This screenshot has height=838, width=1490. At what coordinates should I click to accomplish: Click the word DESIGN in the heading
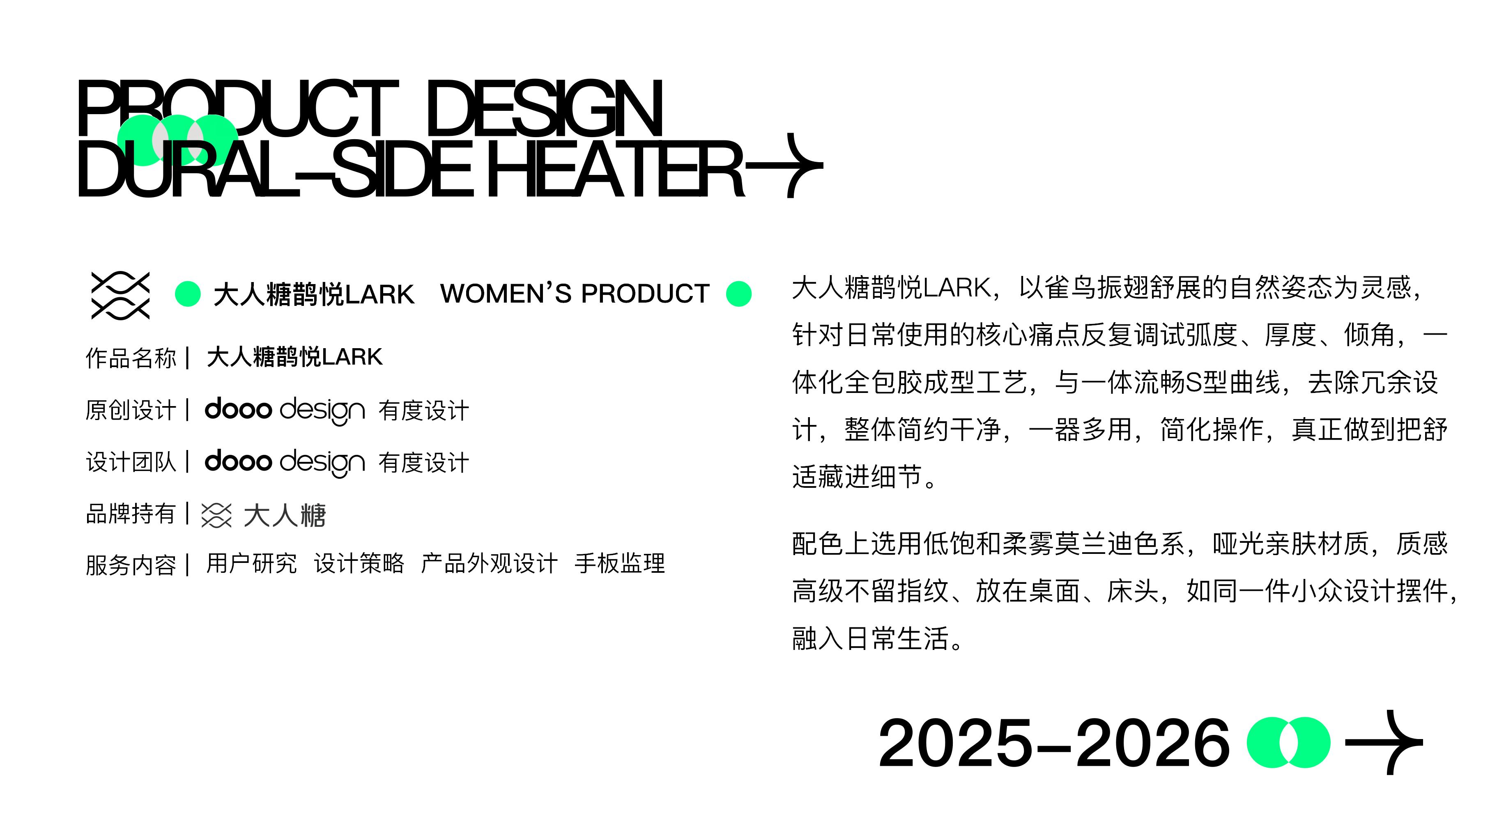(544, 109)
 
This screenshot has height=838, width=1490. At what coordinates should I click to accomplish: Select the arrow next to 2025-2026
(1384, 742)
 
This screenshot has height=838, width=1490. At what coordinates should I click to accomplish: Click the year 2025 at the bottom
(955, 743)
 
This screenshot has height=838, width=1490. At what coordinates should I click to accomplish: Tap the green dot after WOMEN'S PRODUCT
(739, 294)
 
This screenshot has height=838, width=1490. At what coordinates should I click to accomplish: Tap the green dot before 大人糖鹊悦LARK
(187, 294)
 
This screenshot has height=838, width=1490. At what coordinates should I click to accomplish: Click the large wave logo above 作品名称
(120, 295)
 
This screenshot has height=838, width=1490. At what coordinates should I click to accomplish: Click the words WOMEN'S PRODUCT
(575, 294)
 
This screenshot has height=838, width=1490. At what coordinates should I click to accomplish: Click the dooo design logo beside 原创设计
(285, 410)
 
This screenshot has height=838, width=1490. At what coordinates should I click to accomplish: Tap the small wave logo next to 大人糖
(216, 515)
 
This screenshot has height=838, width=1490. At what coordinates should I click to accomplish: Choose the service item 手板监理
(619, 563)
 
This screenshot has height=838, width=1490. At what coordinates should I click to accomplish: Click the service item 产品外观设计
(489, 563)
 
